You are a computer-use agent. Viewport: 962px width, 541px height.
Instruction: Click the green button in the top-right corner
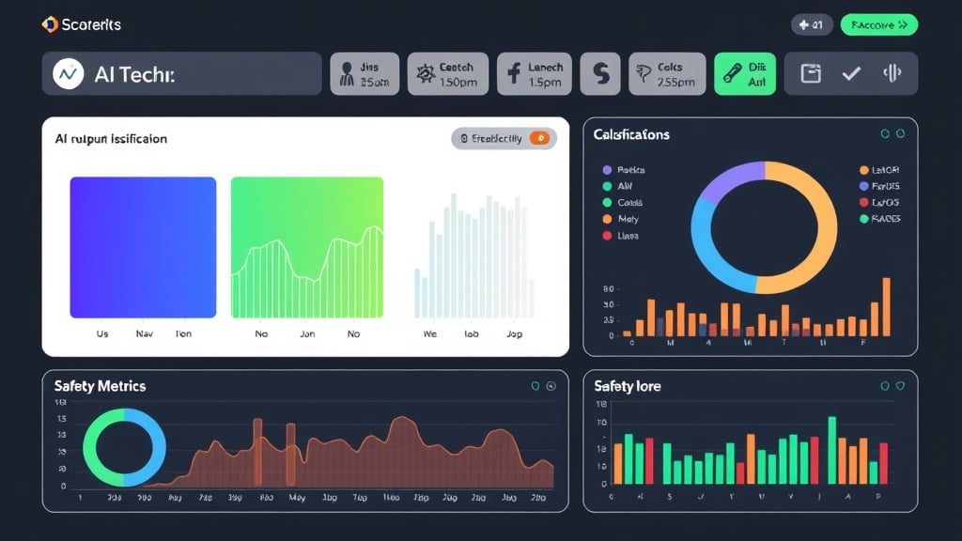point(878,25)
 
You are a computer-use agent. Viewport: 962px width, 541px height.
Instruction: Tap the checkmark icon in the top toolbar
point(851,73)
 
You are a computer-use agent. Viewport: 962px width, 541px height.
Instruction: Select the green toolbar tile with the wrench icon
point(745,73)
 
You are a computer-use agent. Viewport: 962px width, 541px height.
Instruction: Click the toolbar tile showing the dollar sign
point(599,73)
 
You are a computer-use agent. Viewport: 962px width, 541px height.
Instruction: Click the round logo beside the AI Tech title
point(68,73)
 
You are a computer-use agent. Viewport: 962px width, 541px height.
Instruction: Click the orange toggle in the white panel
point(539,139)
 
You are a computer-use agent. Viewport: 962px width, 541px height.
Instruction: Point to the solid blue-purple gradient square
point(143,247)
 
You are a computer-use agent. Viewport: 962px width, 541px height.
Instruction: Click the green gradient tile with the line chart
point(306,247)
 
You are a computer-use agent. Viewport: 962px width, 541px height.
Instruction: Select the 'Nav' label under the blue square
point(144,333)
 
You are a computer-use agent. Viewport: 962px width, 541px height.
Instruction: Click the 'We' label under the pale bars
point(430,333)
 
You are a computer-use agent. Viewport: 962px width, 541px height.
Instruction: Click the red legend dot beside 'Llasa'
point(606,236)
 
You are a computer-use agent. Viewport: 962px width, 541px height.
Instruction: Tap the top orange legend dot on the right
point(863,170)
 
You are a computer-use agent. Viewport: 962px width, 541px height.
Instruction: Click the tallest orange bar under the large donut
point(886,307)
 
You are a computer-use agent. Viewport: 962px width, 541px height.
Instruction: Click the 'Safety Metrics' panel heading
point(100,386)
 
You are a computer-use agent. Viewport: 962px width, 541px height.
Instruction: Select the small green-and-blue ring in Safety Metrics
point(124,447)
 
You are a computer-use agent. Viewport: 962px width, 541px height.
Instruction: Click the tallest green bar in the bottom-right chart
point(831,450)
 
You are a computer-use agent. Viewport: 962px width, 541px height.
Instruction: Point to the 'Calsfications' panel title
point(631,134)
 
